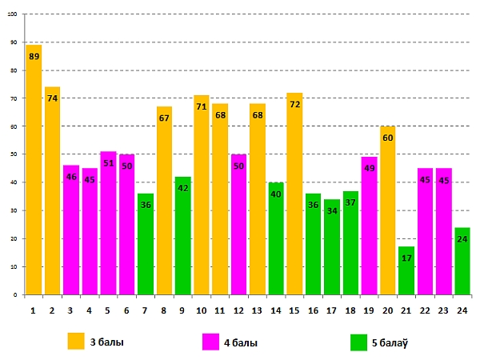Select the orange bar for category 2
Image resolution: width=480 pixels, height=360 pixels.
52,192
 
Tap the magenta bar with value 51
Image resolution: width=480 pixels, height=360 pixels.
108,224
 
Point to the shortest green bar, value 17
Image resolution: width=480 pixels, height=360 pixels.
406,272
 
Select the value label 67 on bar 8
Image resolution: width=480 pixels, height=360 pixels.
164,118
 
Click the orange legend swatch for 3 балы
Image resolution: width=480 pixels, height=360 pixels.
76,342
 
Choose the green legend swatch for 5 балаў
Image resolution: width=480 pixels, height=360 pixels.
359,342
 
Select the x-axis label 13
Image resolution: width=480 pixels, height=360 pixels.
257,309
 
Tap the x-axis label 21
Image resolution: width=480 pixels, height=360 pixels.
406,309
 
